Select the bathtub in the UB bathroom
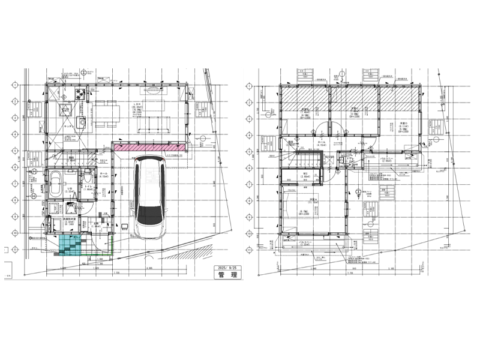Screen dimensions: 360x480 click(55, 182)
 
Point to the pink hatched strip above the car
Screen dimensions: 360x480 click(149, 147)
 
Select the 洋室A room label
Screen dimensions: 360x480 click(313, 199)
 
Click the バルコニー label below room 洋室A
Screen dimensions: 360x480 click(304, 242)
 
